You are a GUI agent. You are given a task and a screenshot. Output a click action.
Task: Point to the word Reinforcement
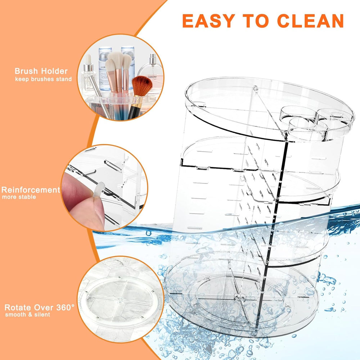[31, 190]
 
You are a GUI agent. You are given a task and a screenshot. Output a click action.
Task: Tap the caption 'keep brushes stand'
[43, 79]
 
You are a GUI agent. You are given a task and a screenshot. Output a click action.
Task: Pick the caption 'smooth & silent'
[28, 315]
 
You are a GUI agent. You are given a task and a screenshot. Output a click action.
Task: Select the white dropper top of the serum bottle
[88, 59]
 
